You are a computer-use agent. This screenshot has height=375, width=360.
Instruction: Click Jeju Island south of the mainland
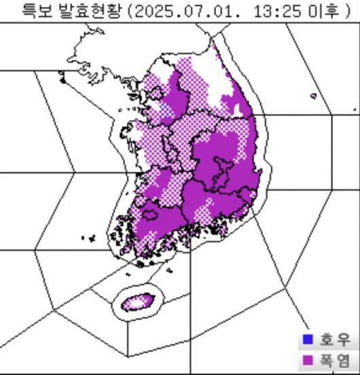(x=139, y=301)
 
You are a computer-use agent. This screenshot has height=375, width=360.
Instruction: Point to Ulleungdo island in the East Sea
(x=313, y=96)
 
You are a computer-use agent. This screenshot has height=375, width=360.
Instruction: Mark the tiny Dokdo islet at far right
(x=355, y=109)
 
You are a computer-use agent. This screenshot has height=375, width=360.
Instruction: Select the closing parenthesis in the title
(x=346, y=11)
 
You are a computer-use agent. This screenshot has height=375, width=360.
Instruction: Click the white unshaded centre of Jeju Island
(x=139, y=301)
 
